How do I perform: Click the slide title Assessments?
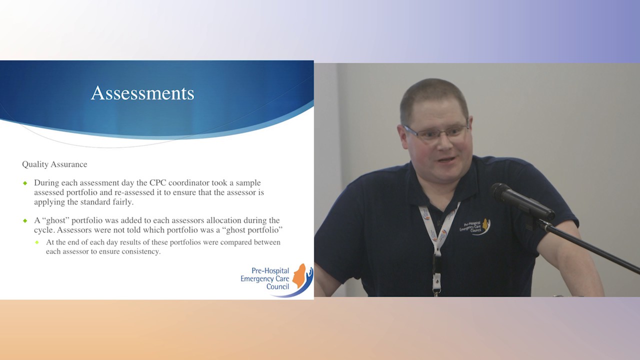(142, 93)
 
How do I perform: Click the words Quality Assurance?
(54, 164)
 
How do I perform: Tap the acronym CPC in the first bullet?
(158, 183)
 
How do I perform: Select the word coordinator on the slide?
(190, 183)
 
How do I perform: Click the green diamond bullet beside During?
(25, 183)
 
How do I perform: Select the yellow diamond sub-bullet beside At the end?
(37, 242)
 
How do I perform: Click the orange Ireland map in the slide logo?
(299, 276)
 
